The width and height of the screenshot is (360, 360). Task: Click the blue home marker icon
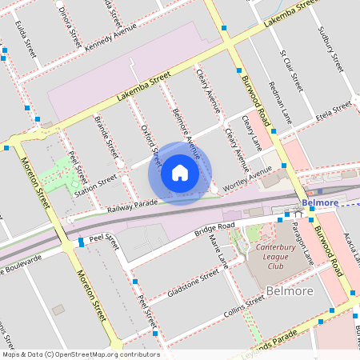point(180,173)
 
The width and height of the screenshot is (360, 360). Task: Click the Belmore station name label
point(322,203)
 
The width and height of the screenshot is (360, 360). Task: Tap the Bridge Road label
point(214,230)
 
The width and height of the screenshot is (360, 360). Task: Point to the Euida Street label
point(25,40)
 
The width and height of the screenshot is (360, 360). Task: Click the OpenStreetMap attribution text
point(80,354)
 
